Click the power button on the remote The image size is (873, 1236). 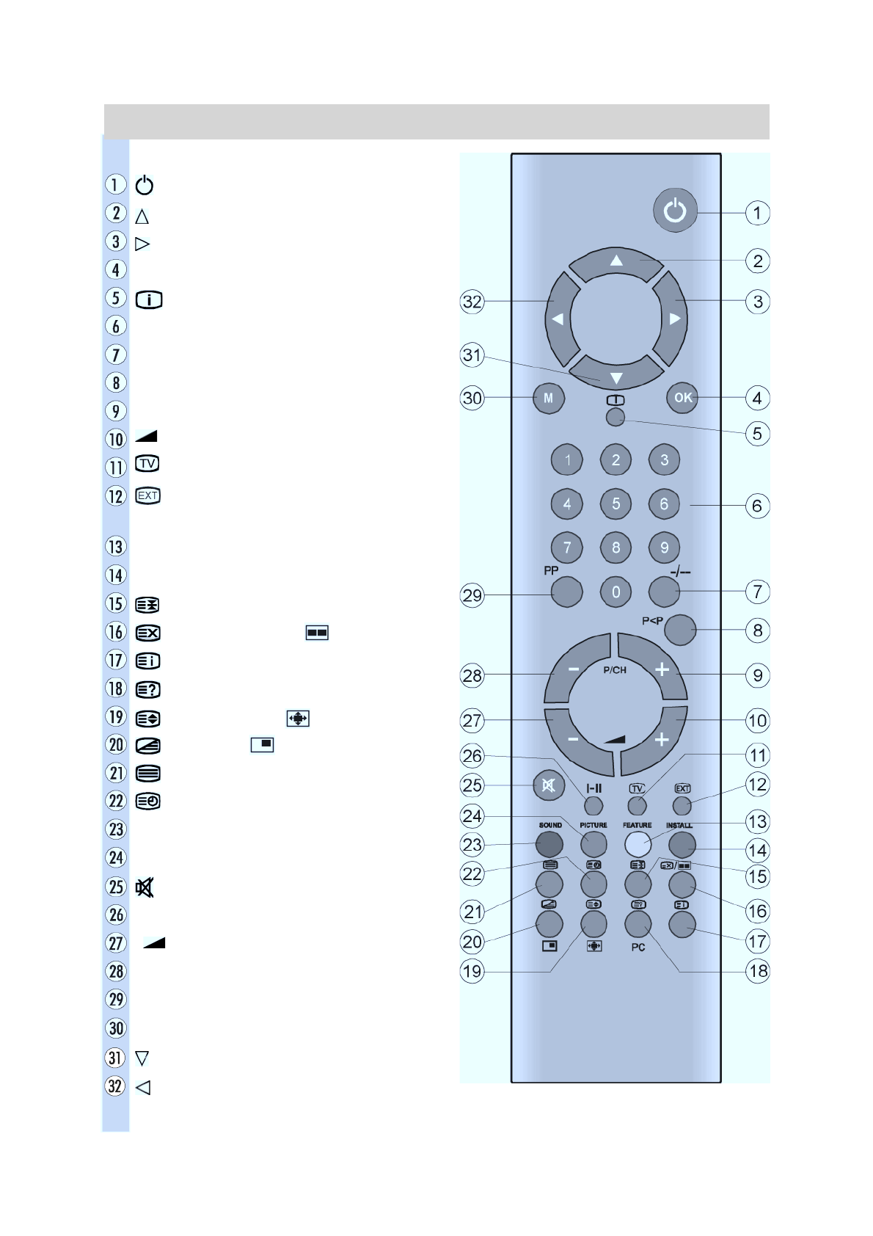(x=675, y=210)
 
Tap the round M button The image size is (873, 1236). (x=549, y=397)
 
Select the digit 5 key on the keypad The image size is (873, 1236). (x=616, y=504)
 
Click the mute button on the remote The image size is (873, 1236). (x=549, y=785)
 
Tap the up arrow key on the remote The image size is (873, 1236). (x=616, y=263)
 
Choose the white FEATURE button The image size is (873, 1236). (x=638, y=843)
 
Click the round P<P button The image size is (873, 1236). (x=680, y=630)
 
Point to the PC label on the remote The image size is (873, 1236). (x=638, y=948)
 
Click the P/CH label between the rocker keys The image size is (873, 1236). (x=615, y=670)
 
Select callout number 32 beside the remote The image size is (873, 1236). (x=472, y=302)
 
